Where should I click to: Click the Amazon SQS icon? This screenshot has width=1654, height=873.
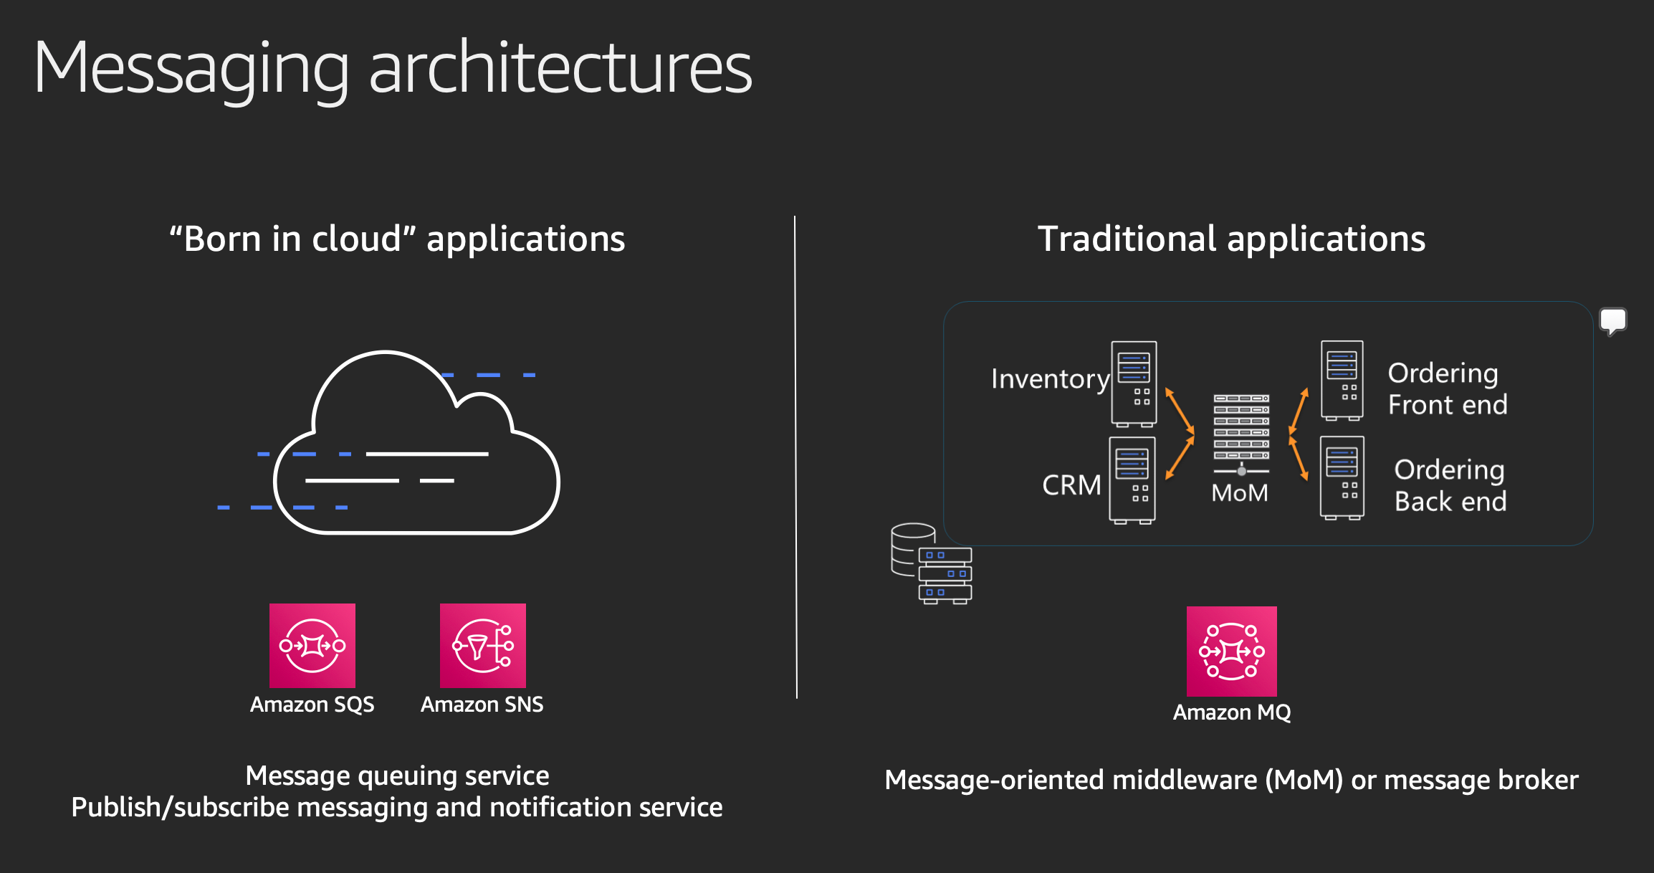point(312,645)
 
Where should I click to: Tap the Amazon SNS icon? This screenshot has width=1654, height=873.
point(483,645)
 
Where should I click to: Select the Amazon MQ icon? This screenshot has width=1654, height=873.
point(1232,651)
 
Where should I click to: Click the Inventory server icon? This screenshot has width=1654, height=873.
point(1134,383)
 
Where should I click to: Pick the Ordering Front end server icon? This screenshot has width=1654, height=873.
point(1342,380)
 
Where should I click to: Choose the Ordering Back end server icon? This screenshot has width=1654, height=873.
point(1342,477)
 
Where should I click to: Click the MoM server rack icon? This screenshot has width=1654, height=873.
point(1241,434)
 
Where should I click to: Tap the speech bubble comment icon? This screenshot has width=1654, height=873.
point(1613,321)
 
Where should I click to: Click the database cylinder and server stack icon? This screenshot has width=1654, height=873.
point(931,563)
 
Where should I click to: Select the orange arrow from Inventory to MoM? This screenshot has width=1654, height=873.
point(1180,411)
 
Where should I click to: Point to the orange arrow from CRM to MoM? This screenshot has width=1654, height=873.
point(1180,457)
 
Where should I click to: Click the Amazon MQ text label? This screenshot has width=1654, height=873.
point(1232,712)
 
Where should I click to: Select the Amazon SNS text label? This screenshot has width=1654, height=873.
point(482,705)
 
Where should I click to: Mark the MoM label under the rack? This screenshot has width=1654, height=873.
point(1240,493)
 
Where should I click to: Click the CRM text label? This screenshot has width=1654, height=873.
point(1071,485)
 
